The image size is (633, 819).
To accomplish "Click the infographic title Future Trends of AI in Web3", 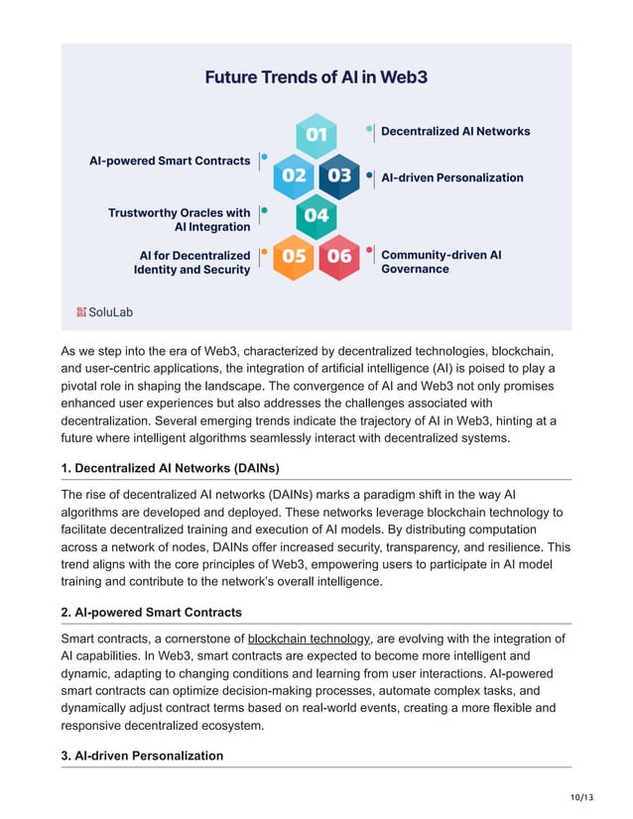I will tap(316, 76).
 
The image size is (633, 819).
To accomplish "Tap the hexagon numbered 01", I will tap(316, 134).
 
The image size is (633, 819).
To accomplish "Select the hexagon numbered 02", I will tap(295, 175).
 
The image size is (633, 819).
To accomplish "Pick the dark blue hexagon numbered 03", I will tap(339, 175).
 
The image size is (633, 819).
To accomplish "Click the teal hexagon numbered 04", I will tap(316, 215).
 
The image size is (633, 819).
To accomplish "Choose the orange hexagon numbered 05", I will tap(295, 256).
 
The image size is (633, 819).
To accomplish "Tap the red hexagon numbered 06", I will tap(339, 256).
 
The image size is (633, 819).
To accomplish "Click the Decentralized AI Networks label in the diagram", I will tap(455, 131).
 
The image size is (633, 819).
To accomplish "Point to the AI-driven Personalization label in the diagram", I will tap(452, 177).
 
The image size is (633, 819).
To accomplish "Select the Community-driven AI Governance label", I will tap(442, 262).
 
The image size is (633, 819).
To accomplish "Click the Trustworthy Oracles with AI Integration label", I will tap(180, 220).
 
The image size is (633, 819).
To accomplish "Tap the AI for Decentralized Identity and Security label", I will tap(192, 262).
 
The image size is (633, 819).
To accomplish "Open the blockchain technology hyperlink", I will tap(309, 639).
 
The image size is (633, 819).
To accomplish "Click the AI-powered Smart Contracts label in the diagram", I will tap(170, 161).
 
